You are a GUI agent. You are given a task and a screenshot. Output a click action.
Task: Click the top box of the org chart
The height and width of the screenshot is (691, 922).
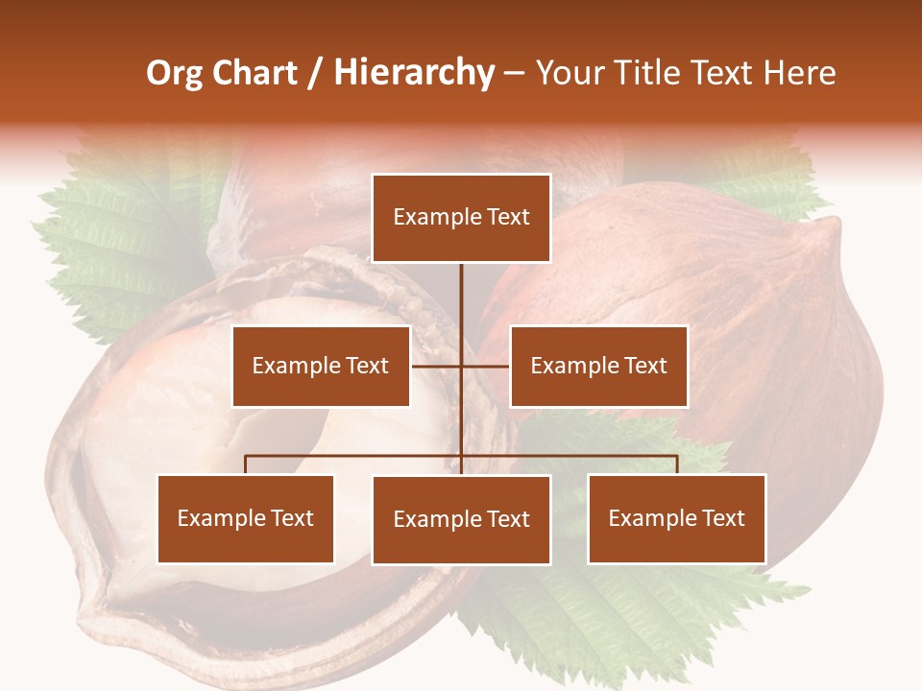pos(461,218)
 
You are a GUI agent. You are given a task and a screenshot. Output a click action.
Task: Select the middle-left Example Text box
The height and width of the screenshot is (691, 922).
pos(321,366)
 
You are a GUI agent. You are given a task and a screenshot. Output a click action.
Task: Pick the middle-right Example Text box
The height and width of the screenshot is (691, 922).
pos(598,366)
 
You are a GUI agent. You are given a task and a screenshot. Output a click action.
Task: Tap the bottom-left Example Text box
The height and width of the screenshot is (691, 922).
pos(246,519)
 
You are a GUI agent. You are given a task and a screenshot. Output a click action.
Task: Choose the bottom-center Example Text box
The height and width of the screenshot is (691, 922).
pos(461,520)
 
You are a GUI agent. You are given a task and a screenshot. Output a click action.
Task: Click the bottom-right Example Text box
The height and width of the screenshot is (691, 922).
pos(676,519)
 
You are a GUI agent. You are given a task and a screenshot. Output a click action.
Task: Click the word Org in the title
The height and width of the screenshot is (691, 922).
pos(174,73)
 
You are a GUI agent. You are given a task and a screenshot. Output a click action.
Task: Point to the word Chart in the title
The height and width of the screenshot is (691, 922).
pos(255,73)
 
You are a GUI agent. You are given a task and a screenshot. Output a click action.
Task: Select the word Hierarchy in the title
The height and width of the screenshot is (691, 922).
pos(414,73)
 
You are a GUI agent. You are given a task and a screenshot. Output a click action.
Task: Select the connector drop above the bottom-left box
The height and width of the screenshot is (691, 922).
pos(246,465)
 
